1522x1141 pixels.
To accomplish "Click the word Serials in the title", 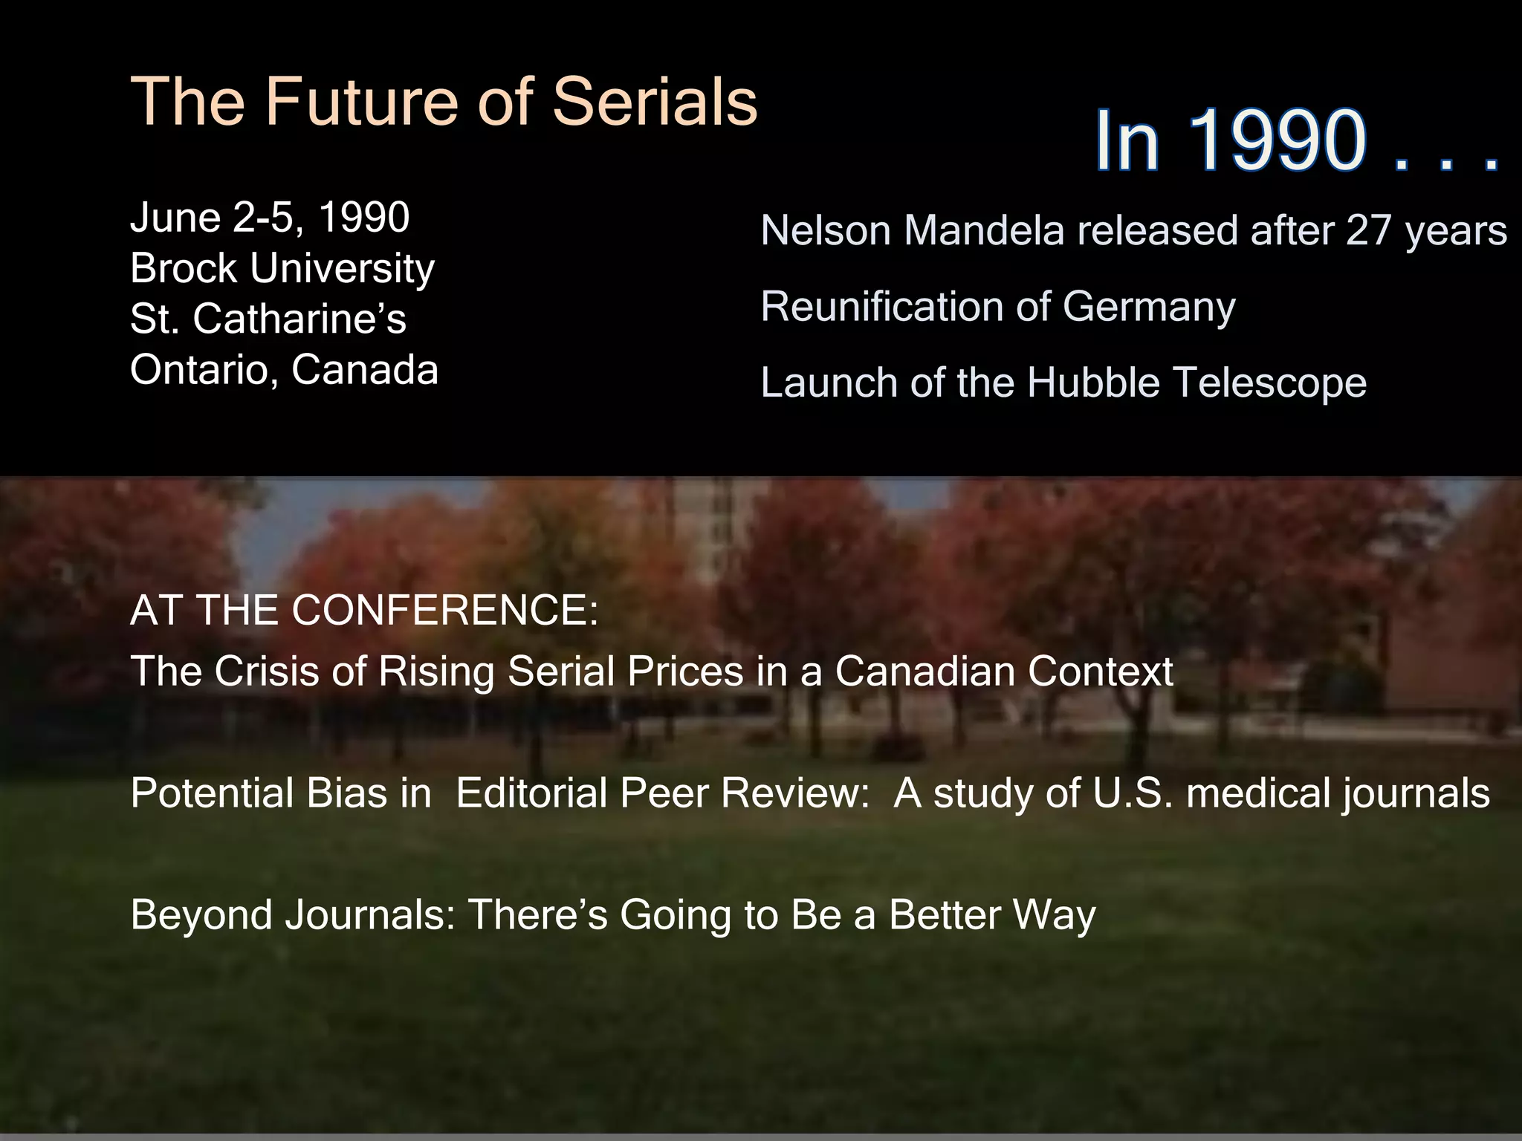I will [x=654, y=102].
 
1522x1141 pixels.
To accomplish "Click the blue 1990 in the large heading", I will [x=1277, y=141].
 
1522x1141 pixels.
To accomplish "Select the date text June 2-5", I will [x=216, y=218].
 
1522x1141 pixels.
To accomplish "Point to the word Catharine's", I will [x=299, y=319].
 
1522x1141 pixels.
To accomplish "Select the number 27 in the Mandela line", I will [x=1368, y=231].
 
